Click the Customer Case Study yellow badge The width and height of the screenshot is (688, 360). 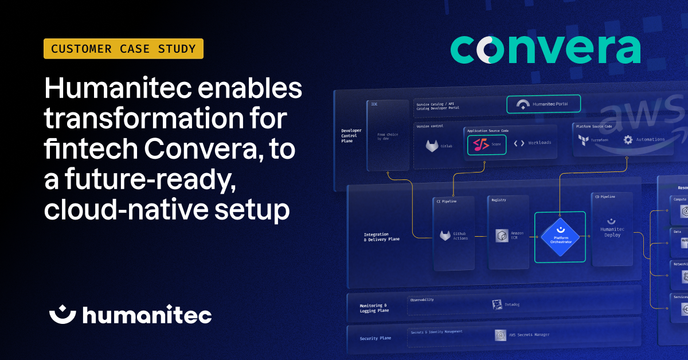(x=123, y=49)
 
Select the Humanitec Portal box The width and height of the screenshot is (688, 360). (x=544, y=104)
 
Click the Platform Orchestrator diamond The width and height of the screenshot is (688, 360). (x=560, y=237)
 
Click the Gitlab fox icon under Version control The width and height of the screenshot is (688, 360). (x=432, y=146)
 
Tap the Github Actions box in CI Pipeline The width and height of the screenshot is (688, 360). (x=454, y=235)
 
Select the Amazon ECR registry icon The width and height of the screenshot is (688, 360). (x=503, y=236)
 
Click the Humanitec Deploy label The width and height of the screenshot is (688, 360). (x=612, y=232)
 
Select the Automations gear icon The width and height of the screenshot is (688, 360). (x=628, y=139)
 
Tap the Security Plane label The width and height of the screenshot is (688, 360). (x=375, y=338)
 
